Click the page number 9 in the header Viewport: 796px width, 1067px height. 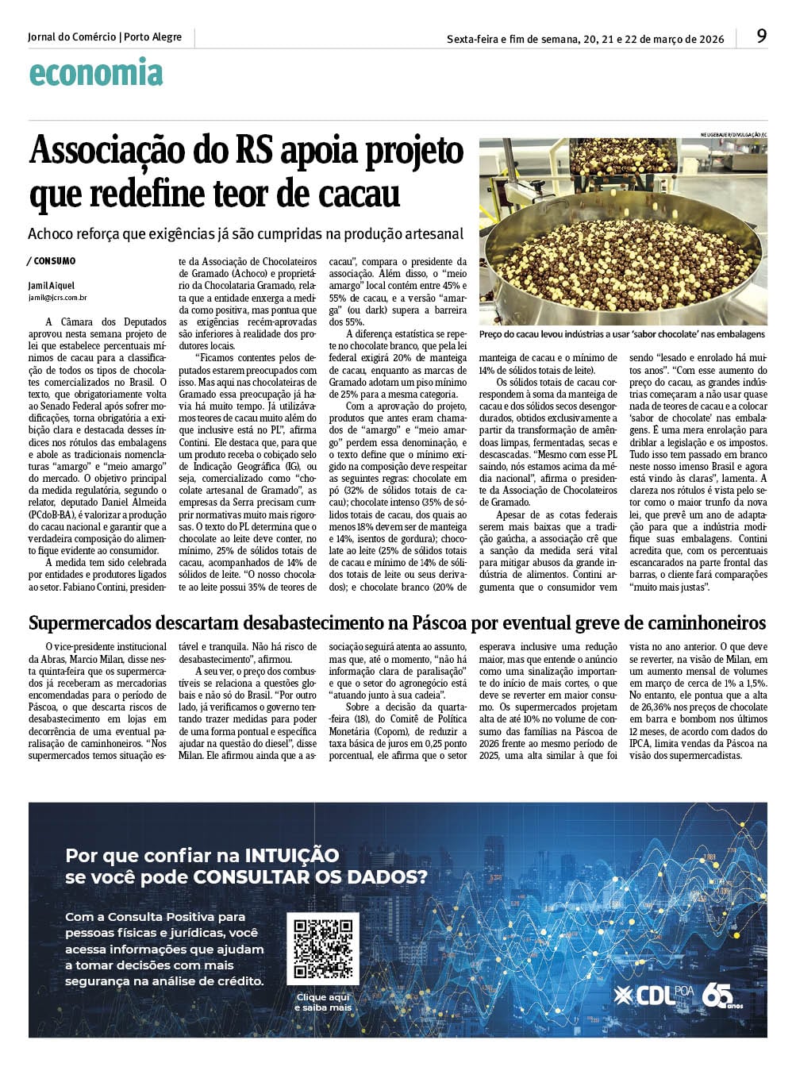(x=761, y=37)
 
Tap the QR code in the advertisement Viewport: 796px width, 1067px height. (x=323, y=948)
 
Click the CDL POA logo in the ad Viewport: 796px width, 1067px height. (x=653, y=995)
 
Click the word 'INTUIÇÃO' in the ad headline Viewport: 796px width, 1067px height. (x=291, y=855)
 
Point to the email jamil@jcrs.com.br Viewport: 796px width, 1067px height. (x=57, y=299)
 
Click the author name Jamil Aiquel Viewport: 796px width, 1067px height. (x=51, y=286)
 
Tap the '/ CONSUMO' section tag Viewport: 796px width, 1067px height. (x=52, y=260)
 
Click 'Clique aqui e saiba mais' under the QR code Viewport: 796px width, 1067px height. (x=322, y=1002)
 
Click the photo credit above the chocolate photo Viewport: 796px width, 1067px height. (x=733, y=135)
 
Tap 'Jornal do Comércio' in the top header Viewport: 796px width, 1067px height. (x=71, y=37)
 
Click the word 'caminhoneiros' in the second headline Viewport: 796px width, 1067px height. (x=705, y=622)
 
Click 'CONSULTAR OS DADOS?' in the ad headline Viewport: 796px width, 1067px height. (x=310, y=876)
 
